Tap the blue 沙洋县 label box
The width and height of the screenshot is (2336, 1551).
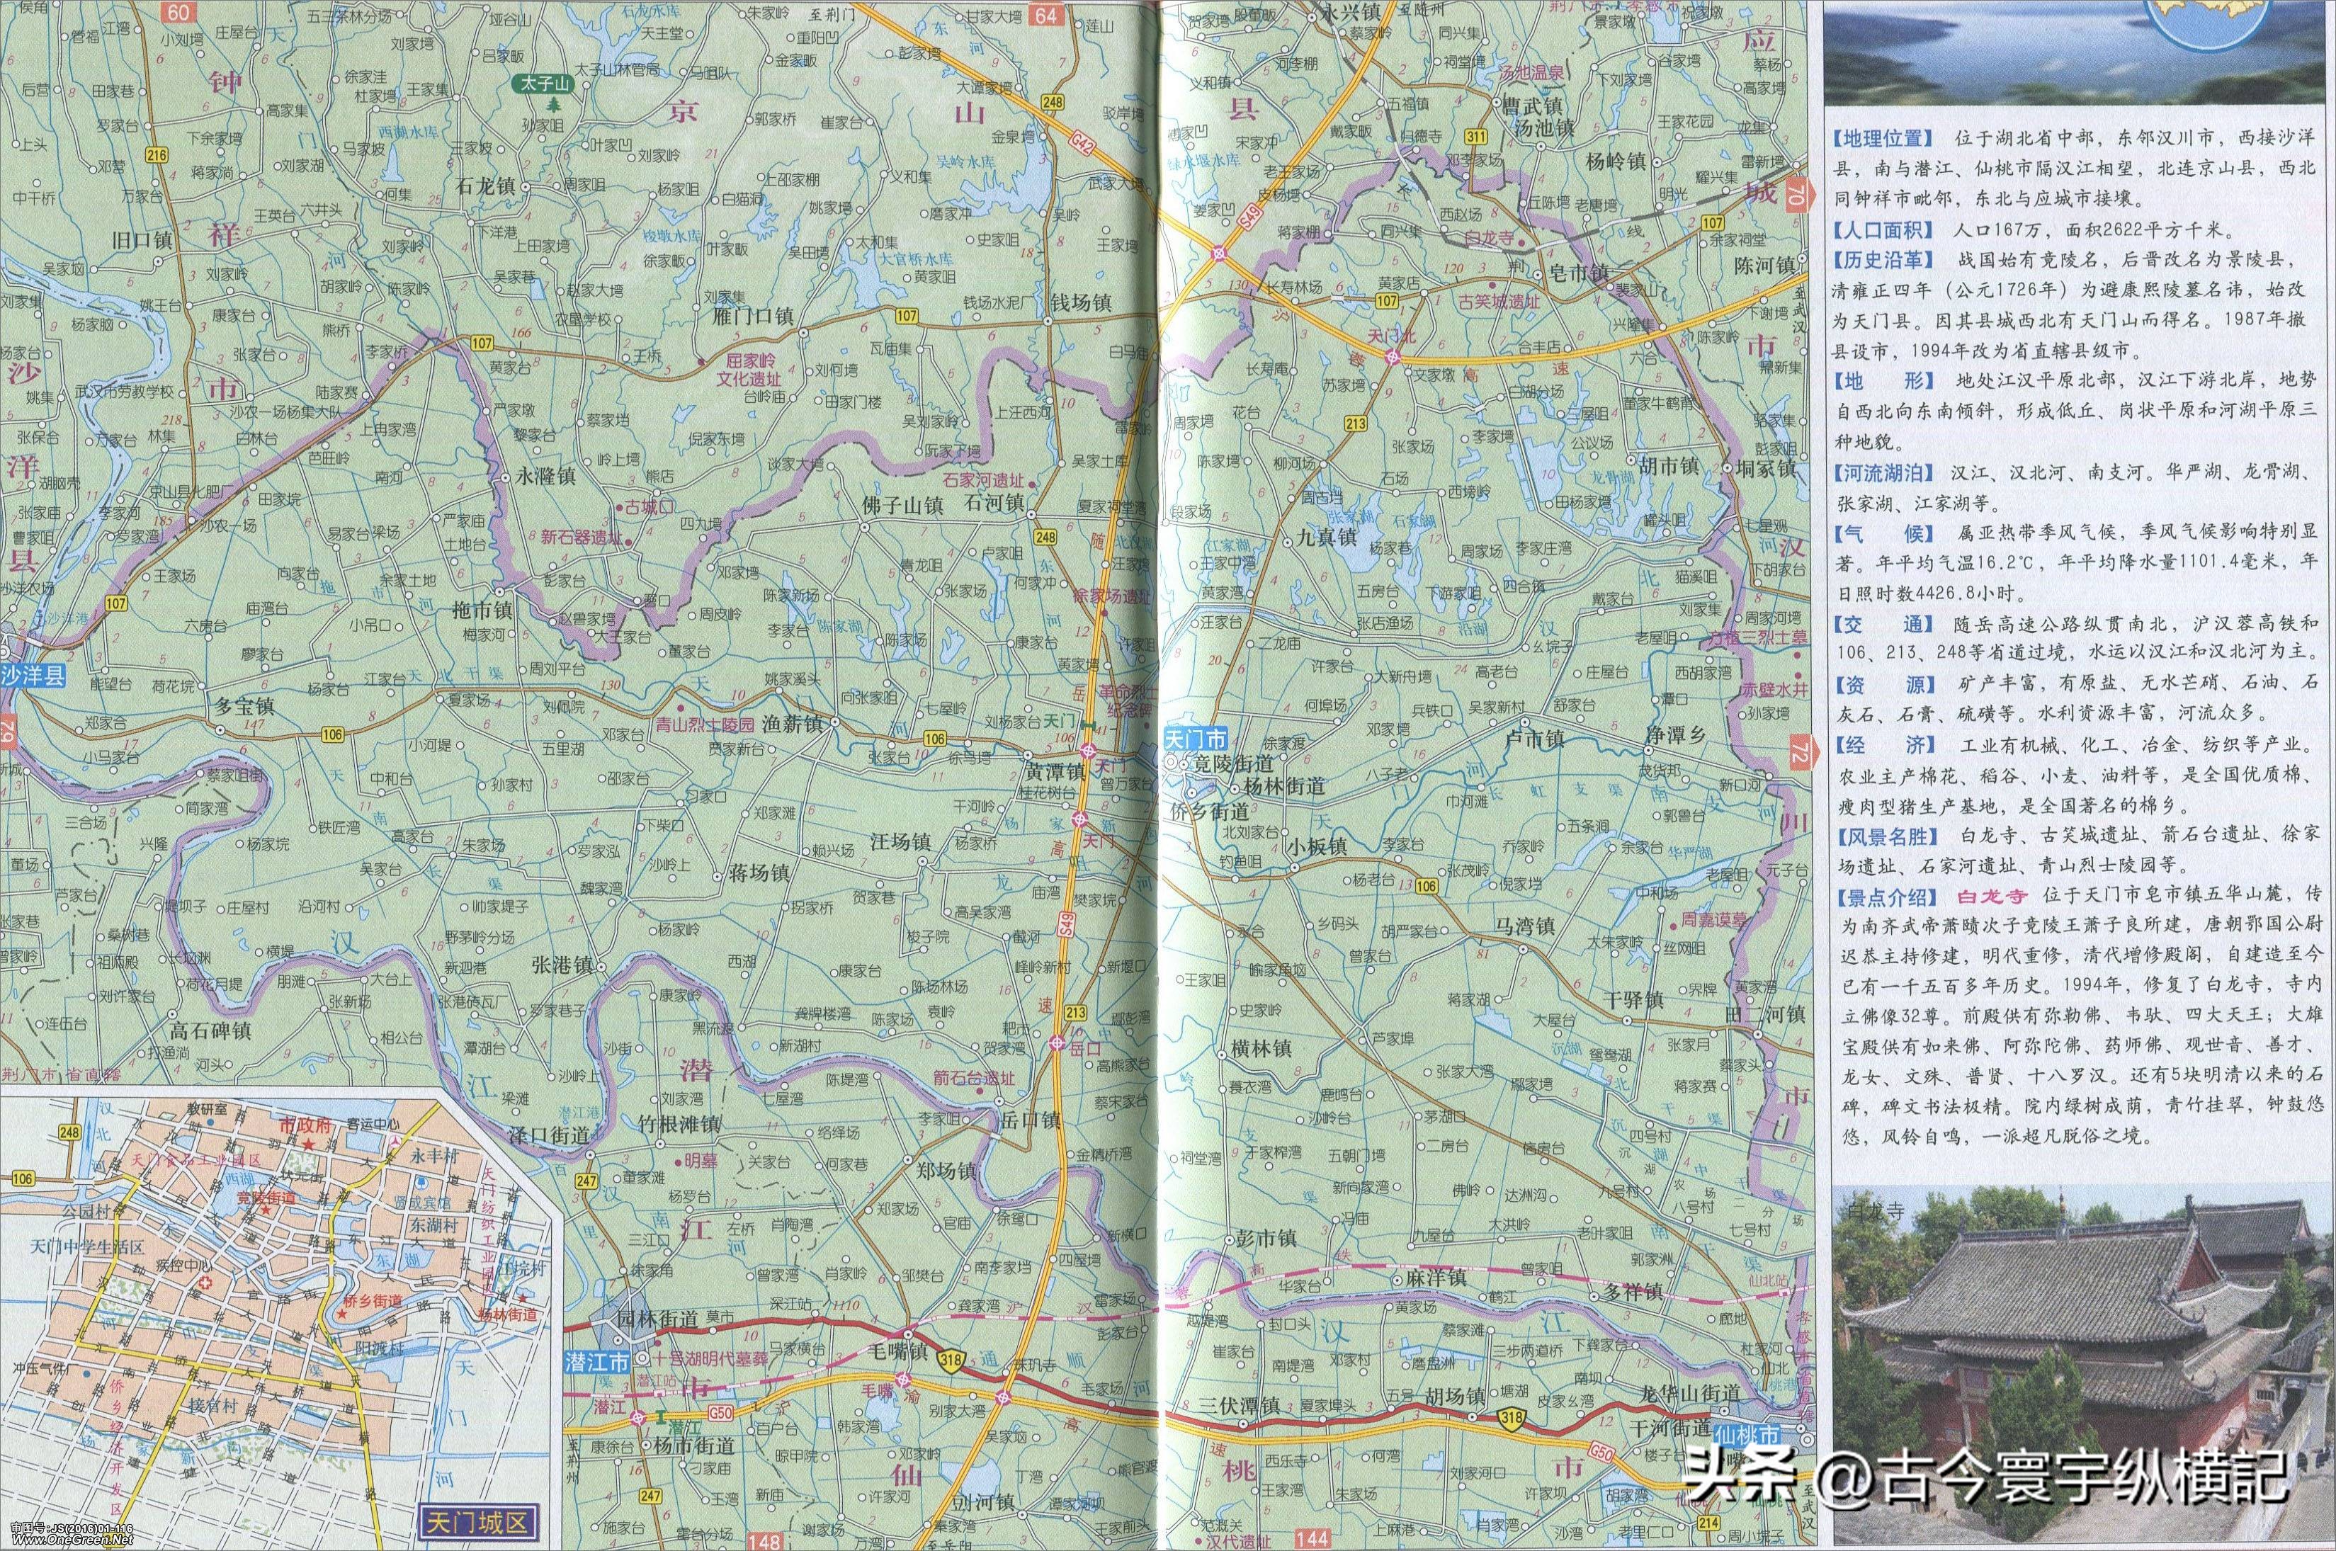pyautogui.click(x=33, y=676)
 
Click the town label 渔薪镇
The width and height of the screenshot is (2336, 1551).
pyautogui.click(x=793, y=724)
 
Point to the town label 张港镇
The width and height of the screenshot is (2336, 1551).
pyautogui.click(x=562, y=965)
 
